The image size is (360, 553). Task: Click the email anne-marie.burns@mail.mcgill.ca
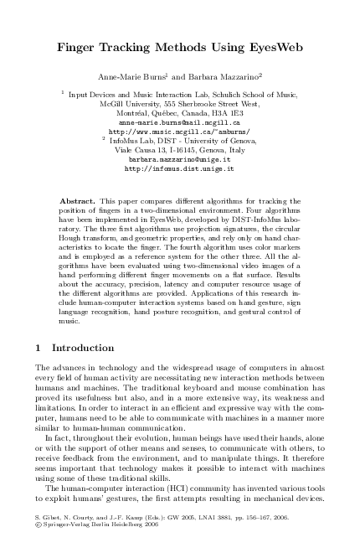pos(179,121)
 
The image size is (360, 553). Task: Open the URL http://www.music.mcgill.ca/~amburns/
pos(179,131)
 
